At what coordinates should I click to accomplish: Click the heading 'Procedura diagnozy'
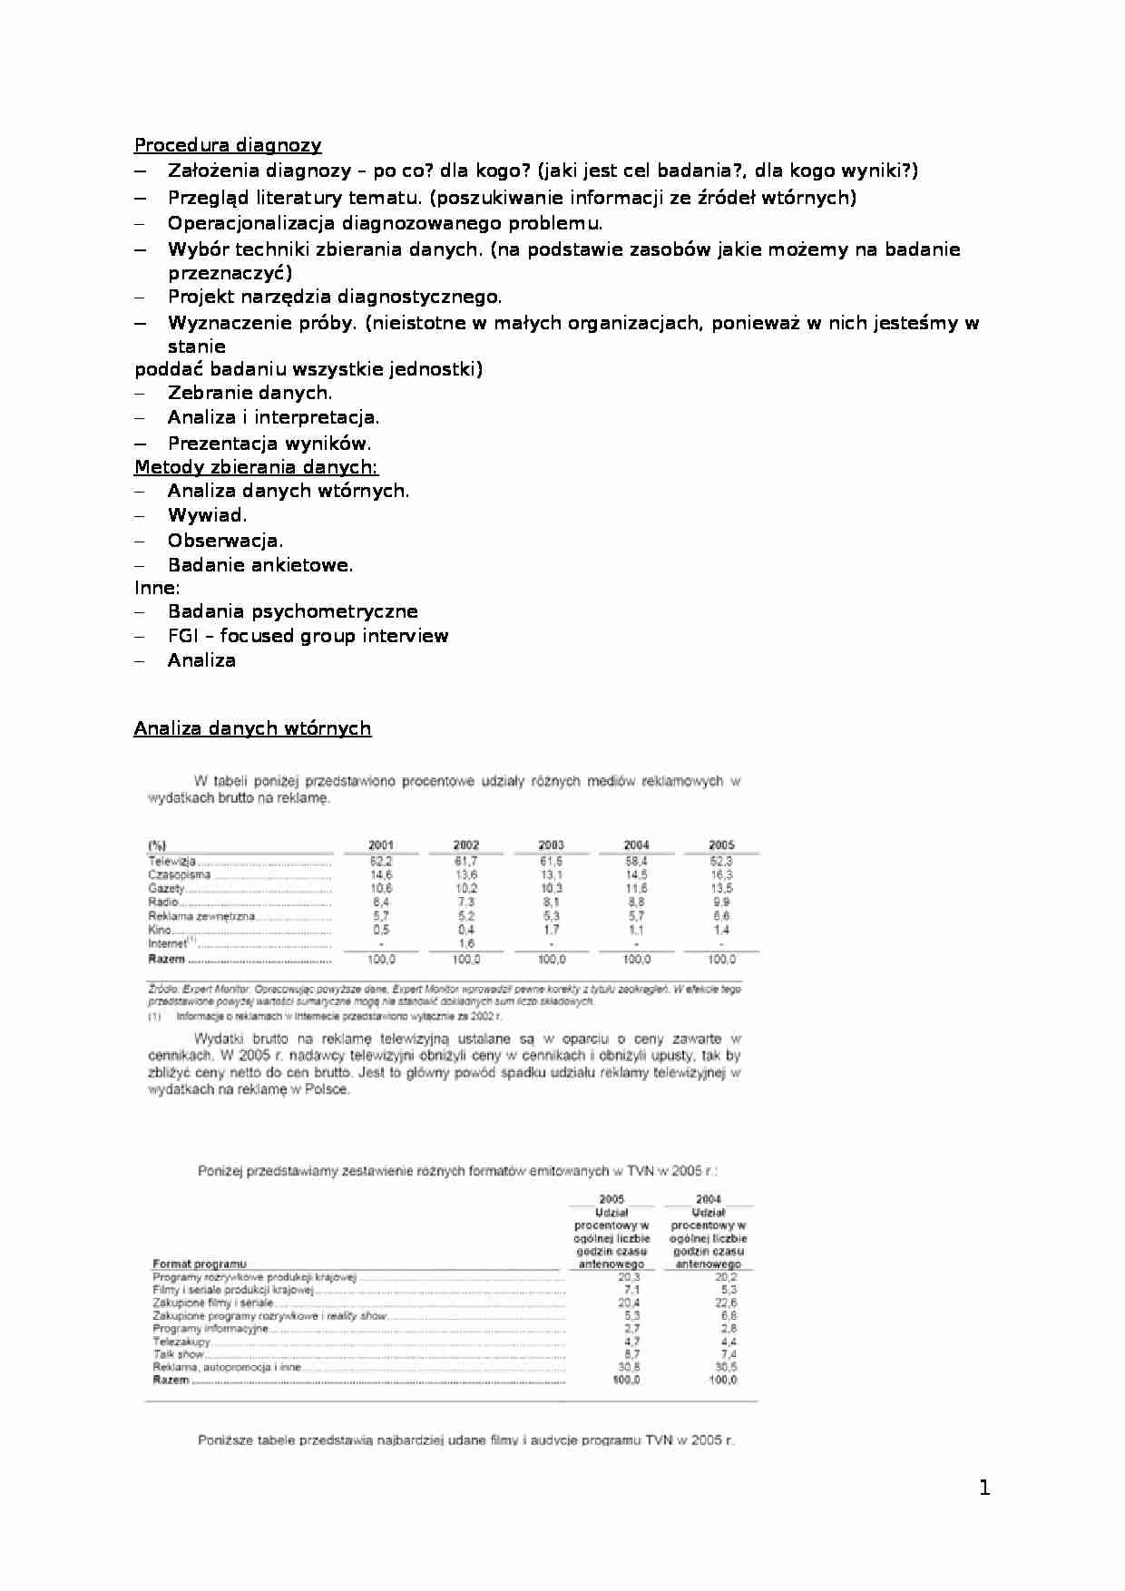(x=228, y=145)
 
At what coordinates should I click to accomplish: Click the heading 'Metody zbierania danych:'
(x=256, y=467)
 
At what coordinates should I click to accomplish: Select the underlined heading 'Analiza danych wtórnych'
(x=252, y=728)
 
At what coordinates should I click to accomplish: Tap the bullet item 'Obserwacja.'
(x=225, y=541)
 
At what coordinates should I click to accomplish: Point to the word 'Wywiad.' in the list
(x=207, y=515)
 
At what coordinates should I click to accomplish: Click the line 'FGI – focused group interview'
(x=308, y=636)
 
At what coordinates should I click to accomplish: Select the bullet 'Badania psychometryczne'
(x=292, y=611)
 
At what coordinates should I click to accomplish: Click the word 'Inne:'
(x=157, y=588)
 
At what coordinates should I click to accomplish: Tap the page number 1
(x=984, y=1488)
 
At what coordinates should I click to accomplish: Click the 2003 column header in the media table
(x=551, y=844)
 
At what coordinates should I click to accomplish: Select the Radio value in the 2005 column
(x=721, y=903)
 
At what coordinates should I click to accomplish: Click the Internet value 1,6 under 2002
(x=466, y=943)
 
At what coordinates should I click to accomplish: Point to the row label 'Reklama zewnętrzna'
(x=201, y=916)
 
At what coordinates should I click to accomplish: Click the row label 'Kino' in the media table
(x=160, y=930)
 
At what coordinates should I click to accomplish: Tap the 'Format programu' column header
(x=199, y=1264)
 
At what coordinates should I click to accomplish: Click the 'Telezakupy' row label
(x=181, y=1342)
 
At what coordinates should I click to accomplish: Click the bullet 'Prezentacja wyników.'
(x=269, y=444)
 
